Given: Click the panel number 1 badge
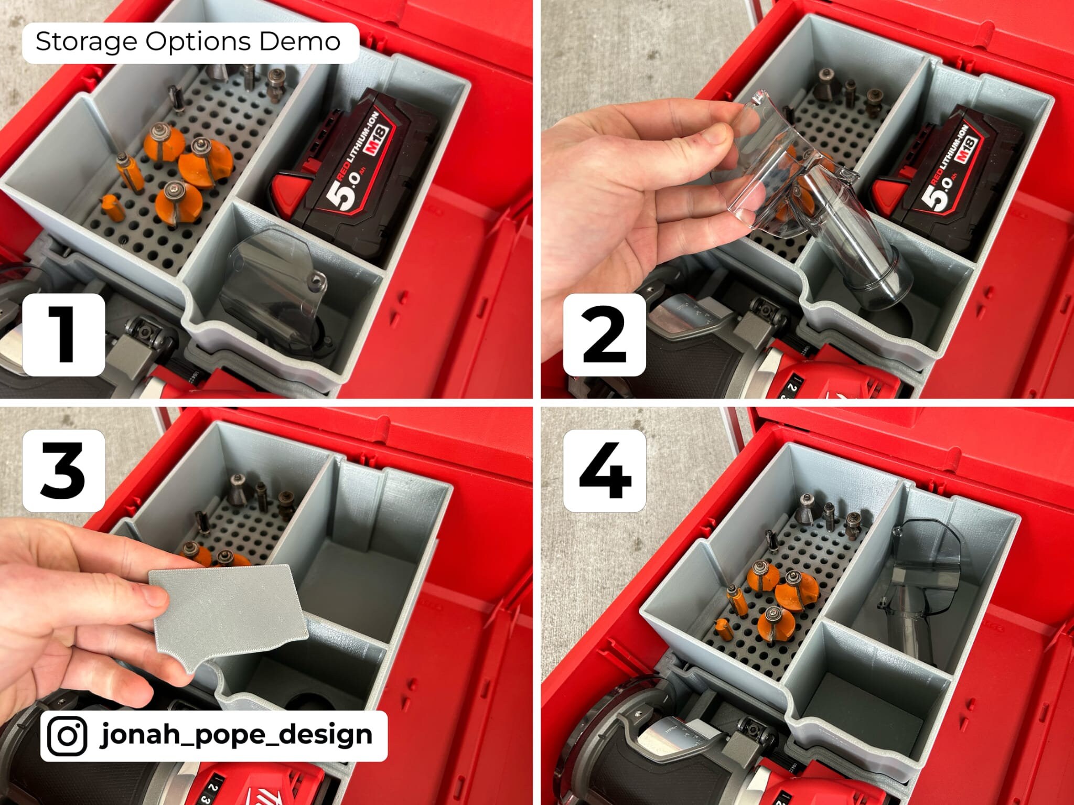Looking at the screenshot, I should tap(63, 334).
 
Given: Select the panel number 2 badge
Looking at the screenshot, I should tap(604, 334).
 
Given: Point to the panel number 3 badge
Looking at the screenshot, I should tap(63, 470).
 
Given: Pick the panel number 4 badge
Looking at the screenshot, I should tap(604, 470).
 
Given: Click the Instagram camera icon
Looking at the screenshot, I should tap(67, 736).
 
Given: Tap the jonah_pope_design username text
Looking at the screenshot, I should tap(236, 734).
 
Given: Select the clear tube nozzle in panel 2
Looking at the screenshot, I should tap(850, 246).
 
